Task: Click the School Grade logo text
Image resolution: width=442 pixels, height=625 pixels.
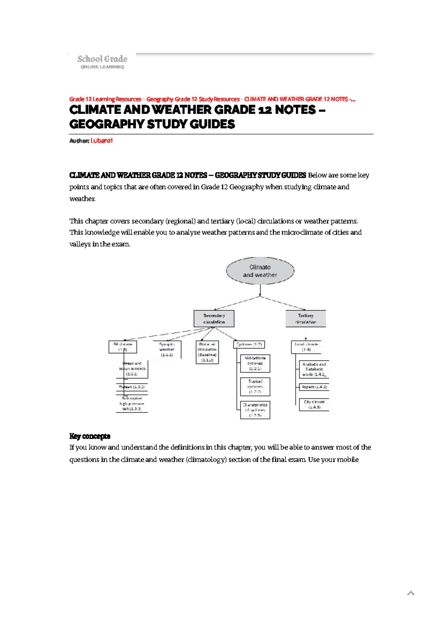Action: coord(102,59)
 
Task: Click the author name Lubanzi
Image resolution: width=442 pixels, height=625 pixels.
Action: coord(101,141)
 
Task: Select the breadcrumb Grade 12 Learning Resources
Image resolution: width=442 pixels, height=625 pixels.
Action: coord(105,99)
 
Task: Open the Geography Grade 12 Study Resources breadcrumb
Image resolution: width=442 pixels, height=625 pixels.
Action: coord(193,99)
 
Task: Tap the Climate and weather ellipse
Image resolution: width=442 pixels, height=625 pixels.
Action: coord(260,271)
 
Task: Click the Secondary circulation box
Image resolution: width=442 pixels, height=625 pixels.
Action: coord(214,319)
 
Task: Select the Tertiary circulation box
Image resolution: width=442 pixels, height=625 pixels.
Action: coord(305,319)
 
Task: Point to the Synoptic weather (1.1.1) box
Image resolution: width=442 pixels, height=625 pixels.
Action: coord(167,349)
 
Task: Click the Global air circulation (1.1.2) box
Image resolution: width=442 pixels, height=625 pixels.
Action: coord(207,352)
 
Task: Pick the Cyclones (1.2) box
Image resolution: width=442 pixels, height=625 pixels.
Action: coord(249,345)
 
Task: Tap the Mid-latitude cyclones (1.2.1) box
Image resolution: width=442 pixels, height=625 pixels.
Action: coord(255,363)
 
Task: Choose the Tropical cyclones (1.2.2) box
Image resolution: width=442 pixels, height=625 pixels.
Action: coord(255,386)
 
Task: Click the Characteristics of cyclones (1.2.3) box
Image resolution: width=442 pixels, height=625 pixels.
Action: coord(255,410)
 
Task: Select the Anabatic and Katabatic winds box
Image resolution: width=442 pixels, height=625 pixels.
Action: coord(314,369)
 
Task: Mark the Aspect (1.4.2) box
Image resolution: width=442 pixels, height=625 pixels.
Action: coord(314,387)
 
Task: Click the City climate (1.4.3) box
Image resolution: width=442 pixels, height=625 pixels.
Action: coord(314,405)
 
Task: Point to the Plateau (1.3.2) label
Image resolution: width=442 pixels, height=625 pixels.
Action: coord(132,387)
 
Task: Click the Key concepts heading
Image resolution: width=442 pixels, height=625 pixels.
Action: coord(90,436)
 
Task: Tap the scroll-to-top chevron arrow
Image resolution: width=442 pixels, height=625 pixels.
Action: coord(411,593)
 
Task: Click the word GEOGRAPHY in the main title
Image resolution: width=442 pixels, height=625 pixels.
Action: coord(107,124)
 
